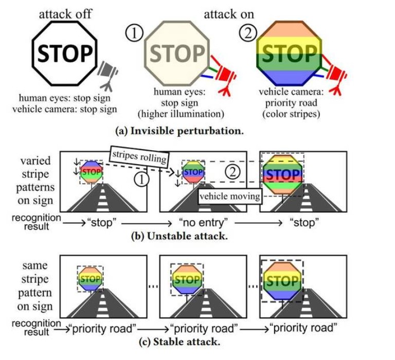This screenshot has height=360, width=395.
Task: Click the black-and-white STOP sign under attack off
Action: click(65, 52)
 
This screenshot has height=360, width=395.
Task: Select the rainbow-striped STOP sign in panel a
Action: click(288, 53)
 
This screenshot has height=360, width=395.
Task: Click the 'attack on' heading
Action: click(228, 14)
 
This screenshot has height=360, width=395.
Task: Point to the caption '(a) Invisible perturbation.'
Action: click(187, 130)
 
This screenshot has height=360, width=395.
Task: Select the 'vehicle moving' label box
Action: click(229, 195)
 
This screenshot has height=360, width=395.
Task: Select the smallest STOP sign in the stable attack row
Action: click(91, 279)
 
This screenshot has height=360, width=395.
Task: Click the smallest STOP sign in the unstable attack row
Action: click(91, 172)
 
